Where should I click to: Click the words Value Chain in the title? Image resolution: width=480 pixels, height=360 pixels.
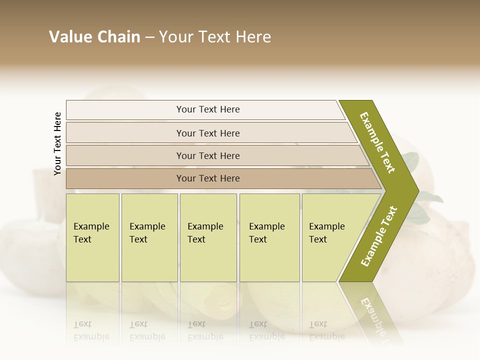(x=94, y=37)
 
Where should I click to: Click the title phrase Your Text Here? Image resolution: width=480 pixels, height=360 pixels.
(x=215, y=37)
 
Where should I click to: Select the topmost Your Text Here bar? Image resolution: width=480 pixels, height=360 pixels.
(x=208, y=109)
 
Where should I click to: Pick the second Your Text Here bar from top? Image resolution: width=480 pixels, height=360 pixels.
(x=208, y=133)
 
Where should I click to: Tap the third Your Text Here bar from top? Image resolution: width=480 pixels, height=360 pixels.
(x=208, y=155)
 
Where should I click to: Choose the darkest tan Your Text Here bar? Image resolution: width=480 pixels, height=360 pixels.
(x=208, y=178)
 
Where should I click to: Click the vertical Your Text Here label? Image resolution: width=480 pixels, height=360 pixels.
(x=57, y=143)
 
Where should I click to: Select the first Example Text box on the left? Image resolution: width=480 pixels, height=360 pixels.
(x=92, y=237)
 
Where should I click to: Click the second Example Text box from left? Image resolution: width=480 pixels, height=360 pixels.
(x=149, y=237)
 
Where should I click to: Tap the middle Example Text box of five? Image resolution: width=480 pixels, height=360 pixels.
(x=208, y=237)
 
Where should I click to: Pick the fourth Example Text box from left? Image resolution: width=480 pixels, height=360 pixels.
(x=269, y=237)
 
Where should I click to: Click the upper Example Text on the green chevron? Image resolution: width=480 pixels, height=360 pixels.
(x=378, y=142)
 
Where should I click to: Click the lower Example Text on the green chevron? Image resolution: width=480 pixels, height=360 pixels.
(x=379, y=236)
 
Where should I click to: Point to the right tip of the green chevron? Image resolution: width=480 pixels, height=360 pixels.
(x=417, y=190)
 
